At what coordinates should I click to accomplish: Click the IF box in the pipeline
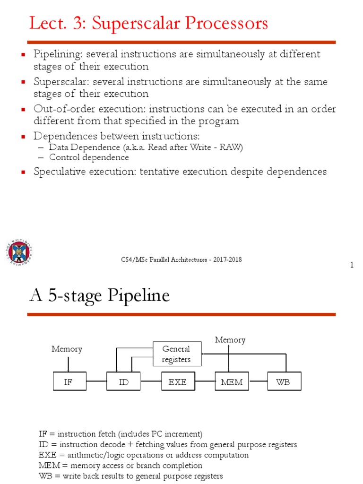[69, 382]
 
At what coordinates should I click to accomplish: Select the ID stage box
[124, 382]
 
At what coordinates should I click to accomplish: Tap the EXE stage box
[178, 382]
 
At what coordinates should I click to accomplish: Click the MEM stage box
[232, 382]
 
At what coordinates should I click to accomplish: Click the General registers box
[176, 354]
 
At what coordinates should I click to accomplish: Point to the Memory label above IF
[67, 349]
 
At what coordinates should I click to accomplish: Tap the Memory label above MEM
[230, 340]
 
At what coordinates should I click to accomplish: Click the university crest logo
[19, 251]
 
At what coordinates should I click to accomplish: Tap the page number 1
[352, 265]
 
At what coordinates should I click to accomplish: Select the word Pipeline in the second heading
[139, 296]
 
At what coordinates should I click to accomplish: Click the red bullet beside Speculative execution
[23, 172]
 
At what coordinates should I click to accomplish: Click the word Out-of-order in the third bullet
[60, 109]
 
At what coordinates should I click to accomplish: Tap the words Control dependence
[89, 157]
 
